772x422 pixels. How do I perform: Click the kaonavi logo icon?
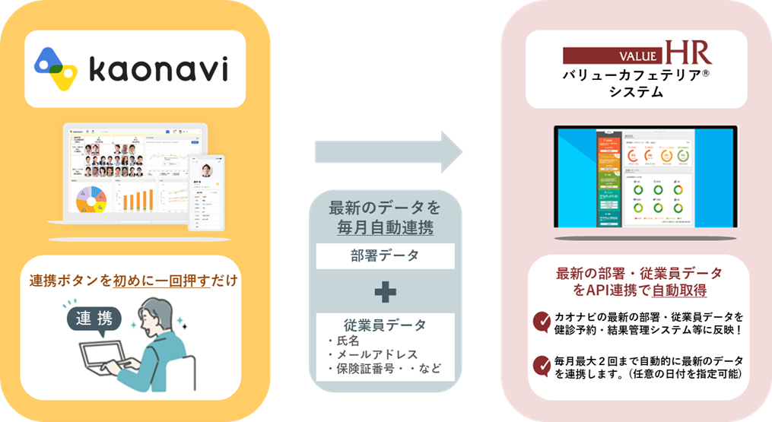57,68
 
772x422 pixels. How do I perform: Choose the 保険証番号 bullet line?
383,370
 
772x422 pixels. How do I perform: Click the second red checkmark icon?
542,366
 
